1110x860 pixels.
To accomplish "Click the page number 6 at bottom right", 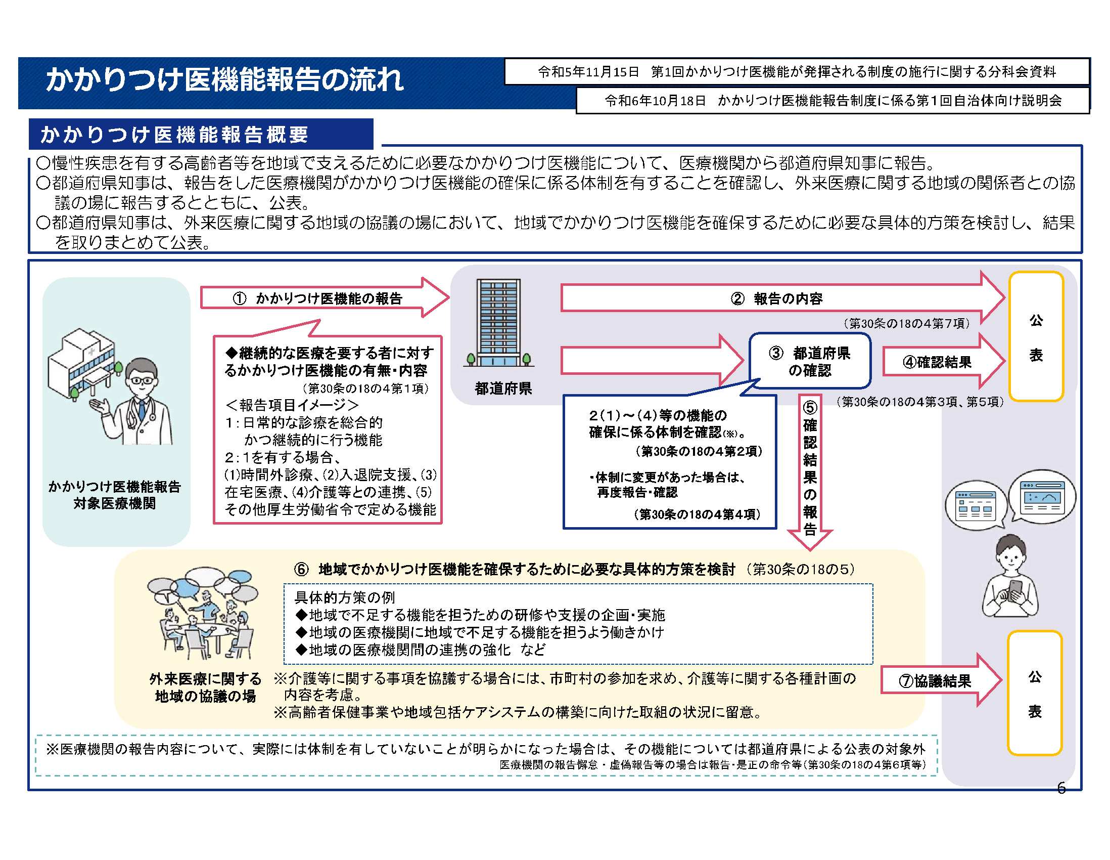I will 1061,788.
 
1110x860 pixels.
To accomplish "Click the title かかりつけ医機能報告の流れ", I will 224,80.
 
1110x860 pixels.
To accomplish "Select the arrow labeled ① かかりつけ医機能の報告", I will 326,298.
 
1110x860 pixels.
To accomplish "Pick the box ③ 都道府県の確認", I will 810,361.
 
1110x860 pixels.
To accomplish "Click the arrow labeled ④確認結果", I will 938,362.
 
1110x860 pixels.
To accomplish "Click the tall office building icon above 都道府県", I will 498,322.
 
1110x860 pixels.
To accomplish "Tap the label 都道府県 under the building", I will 502,389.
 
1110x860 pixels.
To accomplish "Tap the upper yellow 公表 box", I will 1036,336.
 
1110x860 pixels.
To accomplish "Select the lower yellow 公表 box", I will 1035,693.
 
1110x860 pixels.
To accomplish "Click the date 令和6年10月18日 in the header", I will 655,101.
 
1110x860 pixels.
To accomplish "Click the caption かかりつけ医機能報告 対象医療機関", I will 115,495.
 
